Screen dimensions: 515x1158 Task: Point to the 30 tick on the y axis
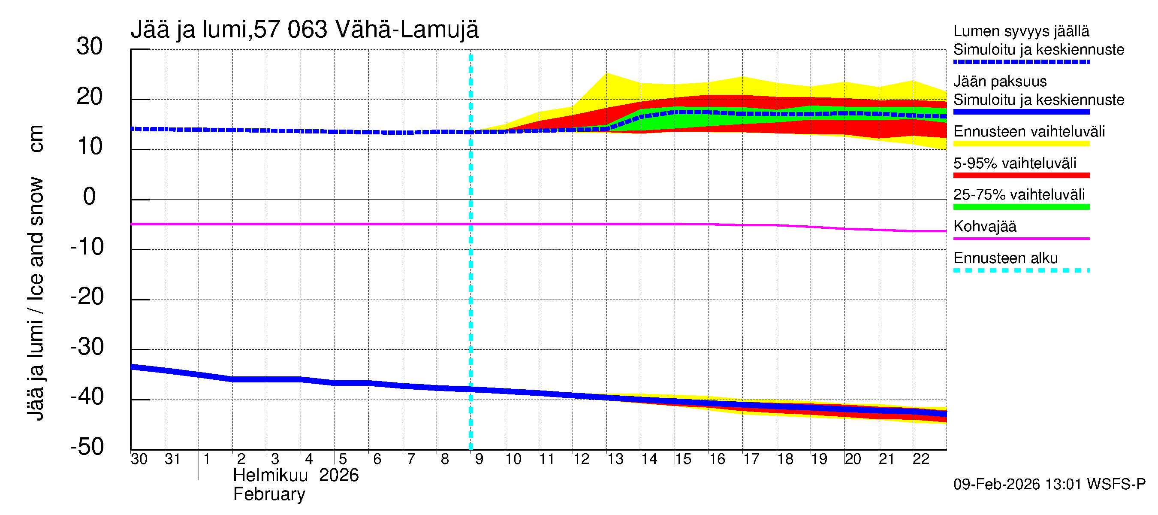tap(90, 47)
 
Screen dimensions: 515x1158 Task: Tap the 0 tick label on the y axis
tap(90, 197)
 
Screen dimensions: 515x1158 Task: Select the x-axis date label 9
tap(479, 459)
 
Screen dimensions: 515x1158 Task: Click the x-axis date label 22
tap(921, 459)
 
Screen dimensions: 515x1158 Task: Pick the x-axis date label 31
tap(172, 459)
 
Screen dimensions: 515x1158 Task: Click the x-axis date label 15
tap(683, 459)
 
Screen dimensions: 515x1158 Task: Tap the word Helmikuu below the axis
tap(270, 476)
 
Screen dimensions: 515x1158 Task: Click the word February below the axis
tap(269, 494)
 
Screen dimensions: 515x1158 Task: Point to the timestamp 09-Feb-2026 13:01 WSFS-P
tap(1049, 485)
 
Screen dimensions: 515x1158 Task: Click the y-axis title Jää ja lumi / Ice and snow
tap(36, 273)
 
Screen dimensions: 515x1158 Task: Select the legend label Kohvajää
tap(984, 226)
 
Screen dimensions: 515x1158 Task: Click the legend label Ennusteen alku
tap(1005, 258)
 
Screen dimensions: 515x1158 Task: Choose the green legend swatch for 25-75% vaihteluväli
tap(1021, 207)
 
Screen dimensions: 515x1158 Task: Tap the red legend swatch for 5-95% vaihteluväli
tap(1021, 176)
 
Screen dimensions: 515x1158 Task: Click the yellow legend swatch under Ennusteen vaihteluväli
tap(1021, 144)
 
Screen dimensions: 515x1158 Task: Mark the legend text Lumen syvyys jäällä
tap(1021, 31)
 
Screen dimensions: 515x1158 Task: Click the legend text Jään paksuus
tap(1000, 82)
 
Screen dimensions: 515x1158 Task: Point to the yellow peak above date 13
tap(607, 74)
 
